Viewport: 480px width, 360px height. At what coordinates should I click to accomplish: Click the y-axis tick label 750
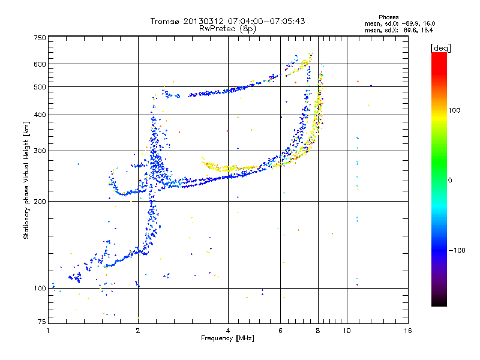pos(39,37)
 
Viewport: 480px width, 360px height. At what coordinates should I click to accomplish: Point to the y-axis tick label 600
pos(39,64)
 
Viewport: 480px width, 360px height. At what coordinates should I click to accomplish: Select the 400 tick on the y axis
pos(39,115)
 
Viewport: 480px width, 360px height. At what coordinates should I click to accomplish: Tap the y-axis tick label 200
pos(39,201)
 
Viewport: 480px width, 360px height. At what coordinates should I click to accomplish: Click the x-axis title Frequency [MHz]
pos(227,339)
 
